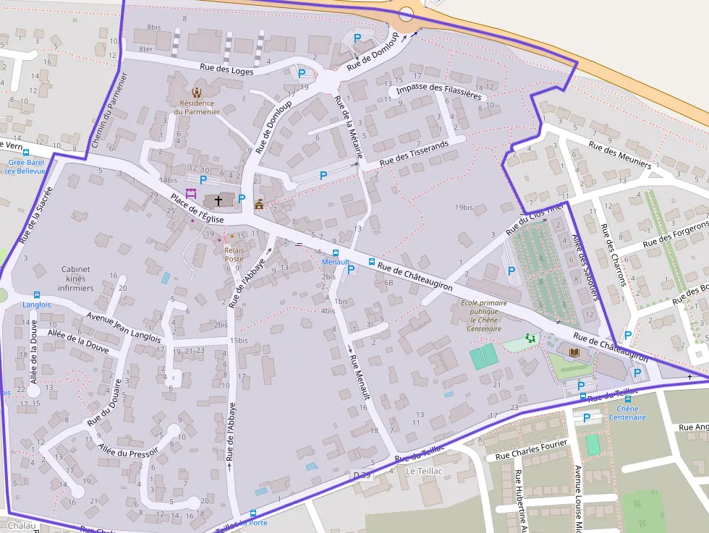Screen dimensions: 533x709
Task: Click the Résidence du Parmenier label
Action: click(197, 107)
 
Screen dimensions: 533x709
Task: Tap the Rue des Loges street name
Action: click(233, 70)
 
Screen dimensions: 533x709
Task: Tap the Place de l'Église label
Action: click(197, 209)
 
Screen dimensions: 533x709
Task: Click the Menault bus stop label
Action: click(336, 262)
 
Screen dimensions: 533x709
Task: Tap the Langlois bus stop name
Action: click(36, 304)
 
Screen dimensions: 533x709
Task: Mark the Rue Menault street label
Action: click(359, 377)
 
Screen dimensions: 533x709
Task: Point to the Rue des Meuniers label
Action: click(619, 155)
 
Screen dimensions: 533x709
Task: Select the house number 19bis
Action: click(464, 208)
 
